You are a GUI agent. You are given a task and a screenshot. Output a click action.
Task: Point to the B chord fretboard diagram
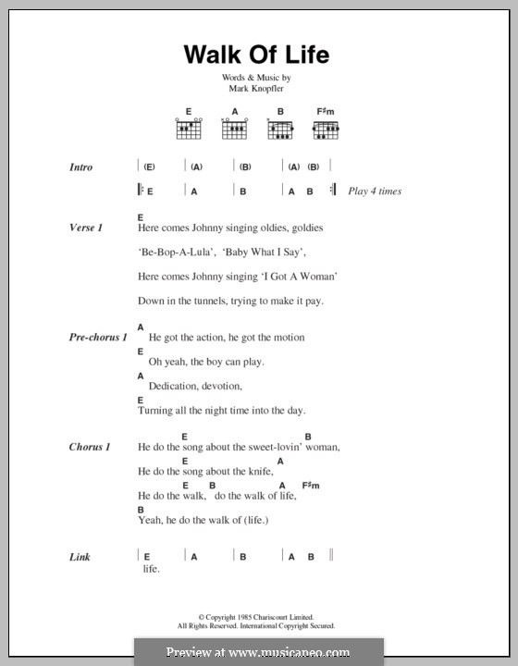click(280, 130)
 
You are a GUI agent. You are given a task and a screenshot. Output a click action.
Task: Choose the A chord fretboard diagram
click(234, 130)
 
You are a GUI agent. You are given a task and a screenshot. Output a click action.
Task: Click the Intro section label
click(80, 167)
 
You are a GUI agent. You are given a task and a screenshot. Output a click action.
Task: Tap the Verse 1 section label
click(85, 227)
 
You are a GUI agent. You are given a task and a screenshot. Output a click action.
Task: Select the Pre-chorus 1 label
click(97, 338)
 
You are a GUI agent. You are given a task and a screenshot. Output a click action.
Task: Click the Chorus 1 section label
click(90, 447)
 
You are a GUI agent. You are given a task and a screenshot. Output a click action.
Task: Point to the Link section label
click(80, 557)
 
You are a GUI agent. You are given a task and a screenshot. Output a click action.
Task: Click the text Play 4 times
click(375, 191)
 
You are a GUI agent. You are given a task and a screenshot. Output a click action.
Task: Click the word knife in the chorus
click(261, 471)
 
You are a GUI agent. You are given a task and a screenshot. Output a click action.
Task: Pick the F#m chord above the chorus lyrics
click(310, 485)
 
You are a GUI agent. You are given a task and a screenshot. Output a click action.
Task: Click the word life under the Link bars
click(152, 569)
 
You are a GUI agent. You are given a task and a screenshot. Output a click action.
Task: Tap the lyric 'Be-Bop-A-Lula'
click(166, 251)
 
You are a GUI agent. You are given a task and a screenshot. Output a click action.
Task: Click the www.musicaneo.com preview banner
click(258, 652)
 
